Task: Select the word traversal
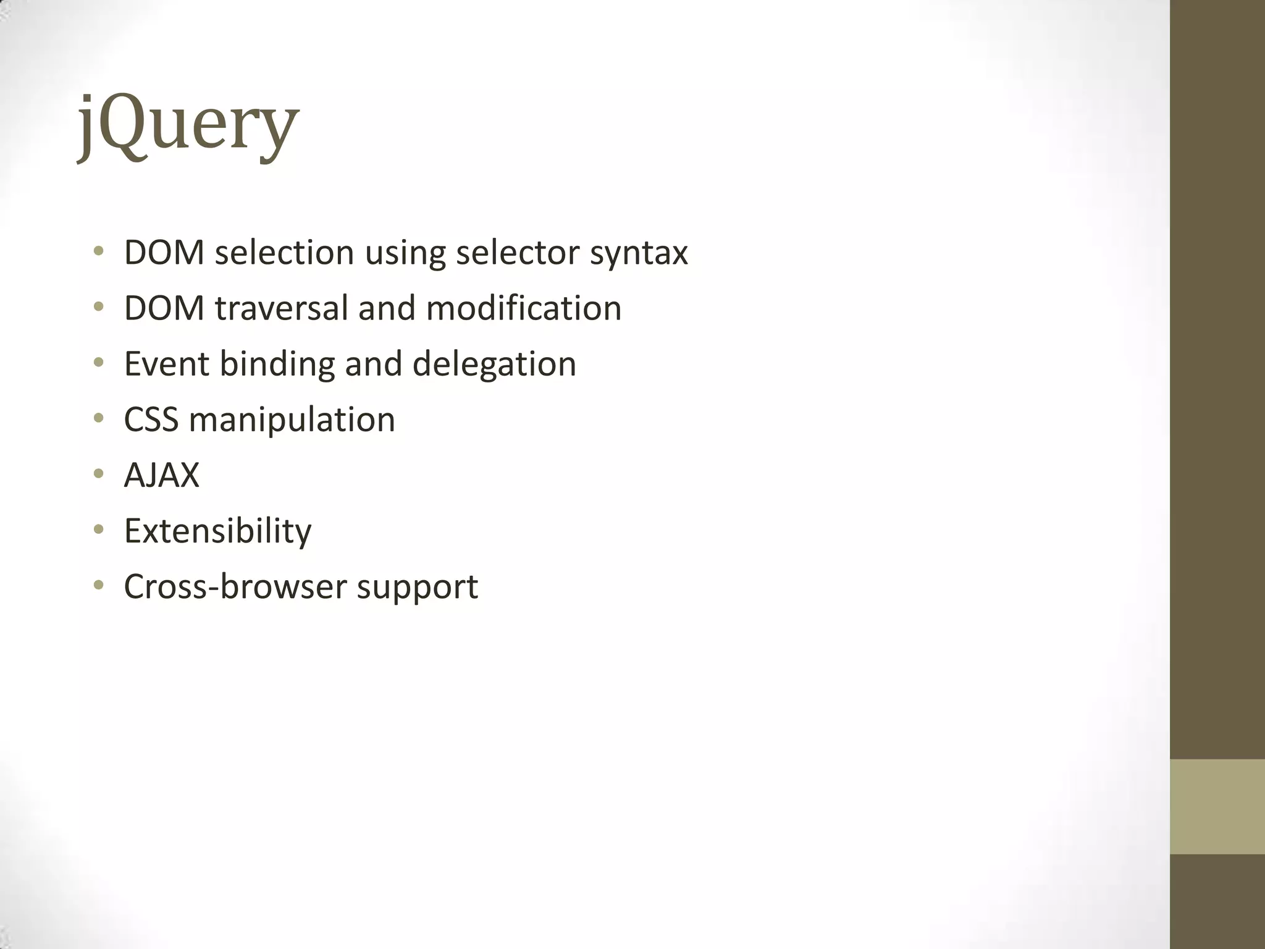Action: [x=282, y=308]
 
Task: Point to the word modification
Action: [x=523, y=308]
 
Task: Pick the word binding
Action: [x=277, y=364]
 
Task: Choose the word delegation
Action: [x=494, y=365]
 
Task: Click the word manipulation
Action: [x=292, y=420]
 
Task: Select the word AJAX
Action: [x=162, y=475]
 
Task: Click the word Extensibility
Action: [x=217, y=531]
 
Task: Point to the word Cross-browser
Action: [x=234, y=586]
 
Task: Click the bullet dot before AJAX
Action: [x=99, y=474]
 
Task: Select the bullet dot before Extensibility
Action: [x=99, y=530]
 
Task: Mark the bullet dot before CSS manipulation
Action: [x=99, y=419]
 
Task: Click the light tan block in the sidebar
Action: [x=1217, y=807]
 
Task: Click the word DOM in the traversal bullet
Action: [x=164, y=308]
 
